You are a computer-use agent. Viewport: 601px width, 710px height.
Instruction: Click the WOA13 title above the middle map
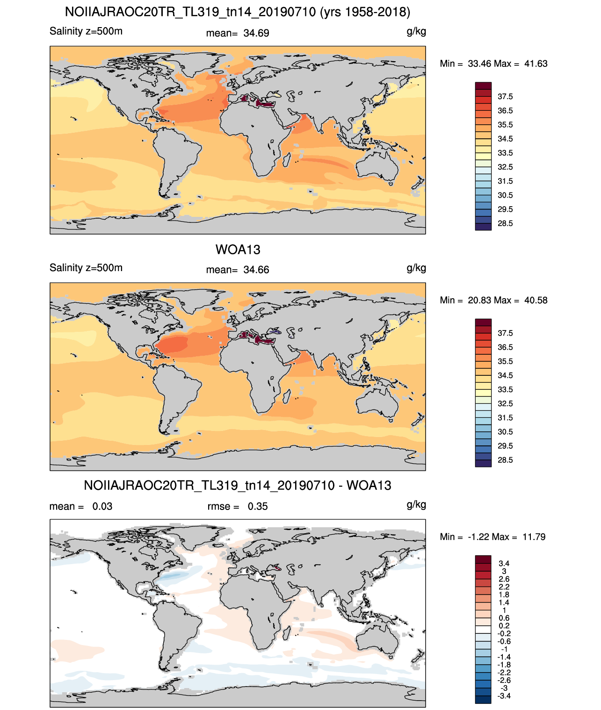point(238,250)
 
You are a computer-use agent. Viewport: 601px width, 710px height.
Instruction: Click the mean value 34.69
point(256,33)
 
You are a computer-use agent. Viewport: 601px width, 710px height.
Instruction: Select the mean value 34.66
point(256,270)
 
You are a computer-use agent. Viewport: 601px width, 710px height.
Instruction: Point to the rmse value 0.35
point(257,506)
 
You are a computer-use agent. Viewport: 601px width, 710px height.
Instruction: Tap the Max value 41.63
point(536,64)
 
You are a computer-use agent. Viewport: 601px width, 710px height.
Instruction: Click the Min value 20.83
point(479,300)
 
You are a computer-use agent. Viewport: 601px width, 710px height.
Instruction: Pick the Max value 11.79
point(534,537)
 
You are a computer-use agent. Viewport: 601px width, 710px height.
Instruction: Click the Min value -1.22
point(478,537)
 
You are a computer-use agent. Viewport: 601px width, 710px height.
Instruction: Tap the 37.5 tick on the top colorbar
point(505,97)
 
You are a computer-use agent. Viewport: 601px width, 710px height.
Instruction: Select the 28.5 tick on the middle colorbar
point(505,460)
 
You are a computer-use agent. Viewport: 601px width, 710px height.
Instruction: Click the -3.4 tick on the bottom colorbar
point(504,696)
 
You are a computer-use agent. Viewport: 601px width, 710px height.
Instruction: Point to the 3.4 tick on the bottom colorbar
point(504,563)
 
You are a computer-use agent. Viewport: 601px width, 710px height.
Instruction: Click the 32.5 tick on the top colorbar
point(505,167)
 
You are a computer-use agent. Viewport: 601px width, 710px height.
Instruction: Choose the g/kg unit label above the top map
point(416,32)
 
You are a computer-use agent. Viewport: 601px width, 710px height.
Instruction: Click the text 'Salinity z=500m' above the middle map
point(86,267)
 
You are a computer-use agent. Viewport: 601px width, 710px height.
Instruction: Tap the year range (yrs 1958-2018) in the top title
point(365,12)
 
